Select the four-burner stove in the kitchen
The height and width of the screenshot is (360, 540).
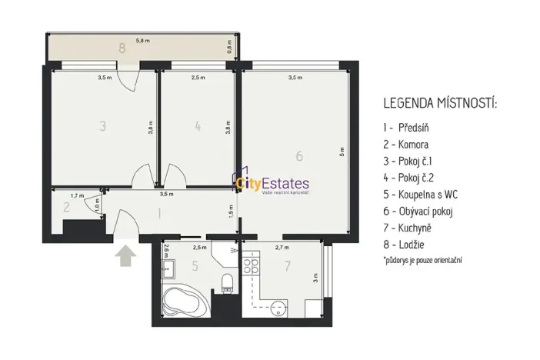(x=252, y=267)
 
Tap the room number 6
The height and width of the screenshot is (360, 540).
(x=299, y=156)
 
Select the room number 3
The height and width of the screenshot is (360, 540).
(x=102, y=126)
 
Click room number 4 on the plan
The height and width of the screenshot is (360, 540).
(x=198, y=126)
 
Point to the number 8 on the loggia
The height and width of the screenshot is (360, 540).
(x=122, y=48)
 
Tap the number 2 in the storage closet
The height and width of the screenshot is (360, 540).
(x=66, y=207)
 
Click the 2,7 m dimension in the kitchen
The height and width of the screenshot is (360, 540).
(x=281, y=248)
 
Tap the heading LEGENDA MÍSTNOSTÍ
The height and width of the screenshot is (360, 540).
(x=440, y=103)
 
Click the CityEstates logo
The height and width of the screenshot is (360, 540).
(x=273, y=185)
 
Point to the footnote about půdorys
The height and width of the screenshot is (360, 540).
(x=422, y=261)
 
